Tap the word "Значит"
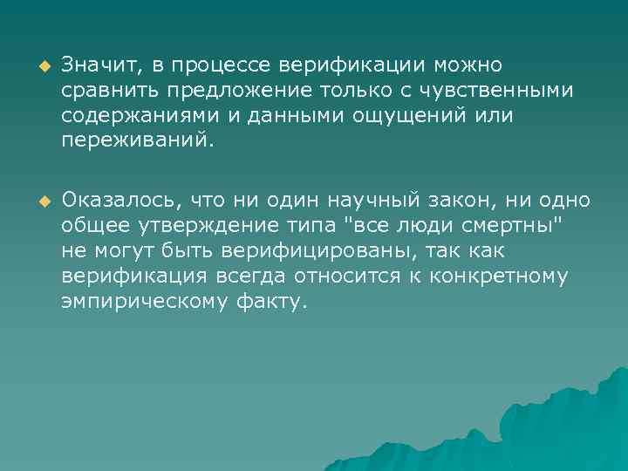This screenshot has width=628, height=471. [x=96, y=65]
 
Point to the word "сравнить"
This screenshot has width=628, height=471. [x=102, y=91]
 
